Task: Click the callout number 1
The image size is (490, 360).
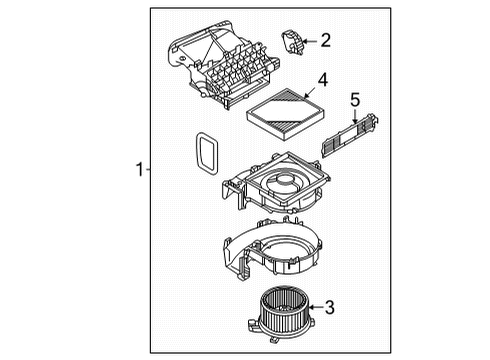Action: [x=140, y=171]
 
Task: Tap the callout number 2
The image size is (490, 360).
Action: [x=323, y=40]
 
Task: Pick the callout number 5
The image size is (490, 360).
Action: [x=355, y=100]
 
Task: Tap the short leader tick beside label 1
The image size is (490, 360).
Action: [x=149, y=171]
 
